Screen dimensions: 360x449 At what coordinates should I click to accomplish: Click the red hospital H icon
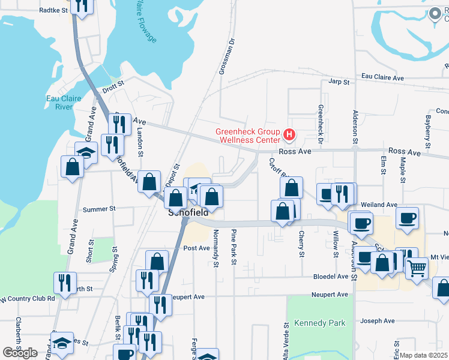click(289, 136)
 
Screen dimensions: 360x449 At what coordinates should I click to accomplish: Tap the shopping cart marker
click(417, 267)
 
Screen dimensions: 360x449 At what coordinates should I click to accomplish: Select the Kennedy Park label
click(321, 323)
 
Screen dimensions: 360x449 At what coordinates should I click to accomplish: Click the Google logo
click(20, 353)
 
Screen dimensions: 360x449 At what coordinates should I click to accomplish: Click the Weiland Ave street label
click(380, 205)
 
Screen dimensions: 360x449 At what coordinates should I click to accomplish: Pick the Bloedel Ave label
click(331, 277)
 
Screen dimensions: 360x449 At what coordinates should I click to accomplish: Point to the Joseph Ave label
click(378, 321)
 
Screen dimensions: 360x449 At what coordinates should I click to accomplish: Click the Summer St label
click(99, 209)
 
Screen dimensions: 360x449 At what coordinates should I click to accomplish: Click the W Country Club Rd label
click(28, 298)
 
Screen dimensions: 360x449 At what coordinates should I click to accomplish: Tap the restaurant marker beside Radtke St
click(80, 5)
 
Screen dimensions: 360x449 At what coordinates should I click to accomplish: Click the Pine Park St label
click(233, 246)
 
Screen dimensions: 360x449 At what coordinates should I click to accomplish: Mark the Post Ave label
click(196, 248)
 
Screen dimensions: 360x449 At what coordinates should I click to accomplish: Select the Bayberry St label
click(427, 132)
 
